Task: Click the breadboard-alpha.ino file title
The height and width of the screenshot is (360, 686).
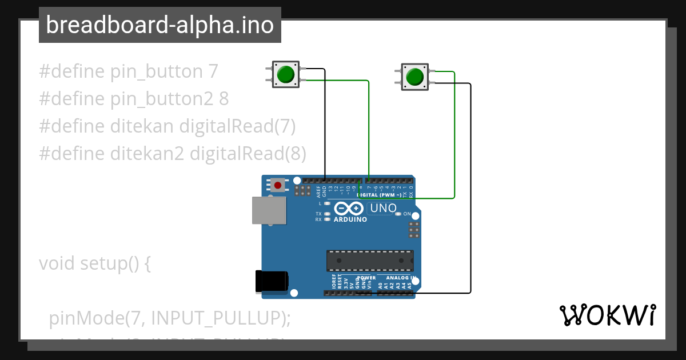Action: (x=159, y=25)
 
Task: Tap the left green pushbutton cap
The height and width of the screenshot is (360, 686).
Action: (x=285, y=74)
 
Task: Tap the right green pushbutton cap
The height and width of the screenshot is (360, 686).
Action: (x=414, y=77)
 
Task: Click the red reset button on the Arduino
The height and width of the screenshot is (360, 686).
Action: (x=278, y=185)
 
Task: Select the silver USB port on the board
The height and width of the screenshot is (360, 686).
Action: (x=269, y=210)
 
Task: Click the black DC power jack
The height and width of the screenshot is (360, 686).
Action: (x=272, y=282)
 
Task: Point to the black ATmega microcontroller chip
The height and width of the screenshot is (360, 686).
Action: (x=370, y=261)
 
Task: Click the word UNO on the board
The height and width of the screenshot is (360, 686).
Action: (x=383, y=209)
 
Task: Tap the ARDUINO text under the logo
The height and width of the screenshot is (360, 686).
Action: (x=350, y=219)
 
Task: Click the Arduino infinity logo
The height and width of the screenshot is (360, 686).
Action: (x=350, y=209)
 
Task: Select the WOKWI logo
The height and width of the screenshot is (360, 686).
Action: (x=607, y=315)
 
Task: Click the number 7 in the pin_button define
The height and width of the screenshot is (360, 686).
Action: (x=213, y=72)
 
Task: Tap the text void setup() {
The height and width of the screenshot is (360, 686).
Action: (x=94, y=263)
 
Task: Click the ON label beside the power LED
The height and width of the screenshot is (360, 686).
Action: (x=407, y=214)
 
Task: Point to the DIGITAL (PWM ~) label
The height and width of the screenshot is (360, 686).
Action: (x=379, y=195)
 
